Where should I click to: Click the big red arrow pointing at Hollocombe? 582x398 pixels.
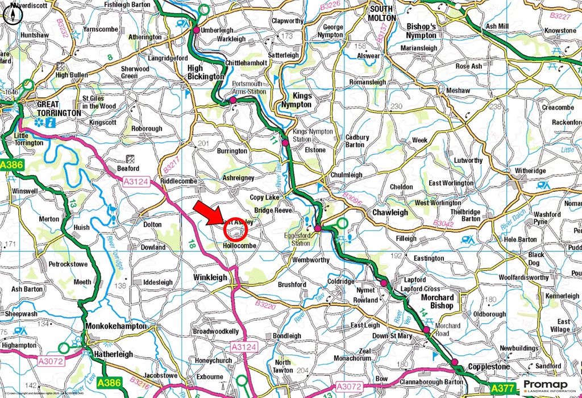point(208,215)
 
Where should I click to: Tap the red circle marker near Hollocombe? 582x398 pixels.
point(235,230)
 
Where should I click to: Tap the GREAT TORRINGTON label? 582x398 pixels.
point(59,109)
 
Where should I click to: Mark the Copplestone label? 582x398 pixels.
point(489,367)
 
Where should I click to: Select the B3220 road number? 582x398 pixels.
point(265,305)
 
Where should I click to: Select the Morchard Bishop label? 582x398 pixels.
point(438,301)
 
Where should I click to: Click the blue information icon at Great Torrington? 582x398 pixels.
point(51,122)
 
